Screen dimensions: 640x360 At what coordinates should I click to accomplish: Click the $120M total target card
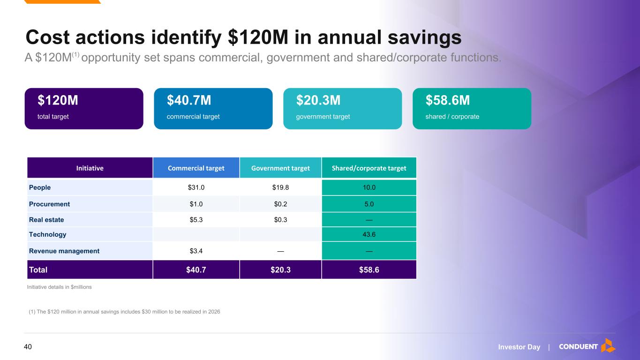(84, 109)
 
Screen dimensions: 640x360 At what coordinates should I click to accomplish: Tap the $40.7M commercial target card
(213, 109)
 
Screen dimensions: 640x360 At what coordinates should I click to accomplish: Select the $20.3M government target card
(343, 109)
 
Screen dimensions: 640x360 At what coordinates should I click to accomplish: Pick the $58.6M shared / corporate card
(472, 109)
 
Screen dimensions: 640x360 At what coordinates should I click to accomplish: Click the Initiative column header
(90, 168)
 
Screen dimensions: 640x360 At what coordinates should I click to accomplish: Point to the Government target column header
(280, 168)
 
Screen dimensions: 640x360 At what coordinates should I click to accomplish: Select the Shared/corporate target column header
(369, 168)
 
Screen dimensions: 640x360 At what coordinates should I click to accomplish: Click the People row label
(40, 187)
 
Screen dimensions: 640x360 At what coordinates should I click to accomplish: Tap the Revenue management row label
(64, 251)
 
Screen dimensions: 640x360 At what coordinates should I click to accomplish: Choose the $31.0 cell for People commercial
(196, 187)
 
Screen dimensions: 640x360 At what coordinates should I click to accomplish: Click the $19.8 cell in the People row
(280, 187)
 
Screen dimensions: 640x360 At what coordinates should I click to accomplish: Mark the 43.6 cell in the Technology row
(369, 234)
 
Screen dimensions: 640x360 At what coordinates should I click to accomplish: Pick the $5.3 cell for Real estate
(196, 220)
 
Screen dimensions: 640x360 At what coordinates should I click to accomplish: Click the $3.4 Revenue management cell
(196, 251)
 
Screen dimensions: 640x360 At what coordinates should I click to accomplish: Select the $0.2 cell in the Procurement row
(280, 204)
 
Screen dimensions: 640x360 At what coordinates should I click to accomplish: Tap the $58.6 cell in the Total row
(369, 270)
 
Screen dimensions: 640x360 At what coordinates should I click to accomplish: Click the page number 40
(28, 347)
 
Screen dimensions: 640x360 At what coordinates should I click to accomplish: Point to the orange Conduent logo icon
(608, 345)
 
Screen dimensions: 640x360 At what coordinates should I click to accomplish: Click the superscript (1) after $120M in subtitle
(75, 54)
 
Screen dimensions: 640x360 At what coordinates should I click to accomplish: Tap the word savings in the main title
(425, 37)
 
